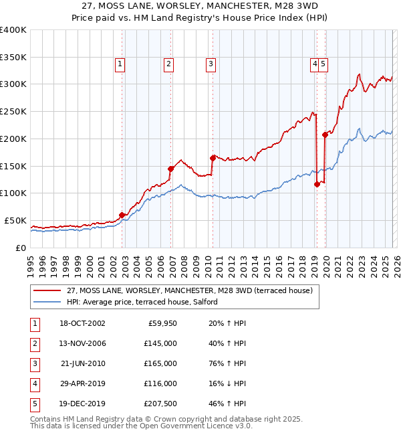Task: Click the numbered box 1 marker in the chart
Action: tap(119, 64)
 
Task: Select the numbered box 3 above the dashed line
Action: tap(211, 64)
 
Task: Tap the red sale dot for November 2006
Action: tap(170, 169)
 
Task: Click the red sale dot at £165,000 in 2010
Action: tap(213, 158)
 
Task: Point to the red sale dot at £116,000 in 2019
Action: tap(317, 185)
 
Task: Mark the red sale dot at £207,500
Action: tap(325, 135)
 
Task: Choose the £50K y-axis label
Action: tap(16, 220)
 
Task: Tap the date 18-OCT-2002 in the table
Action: tap(82, 323)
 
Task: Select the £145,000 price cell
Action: tap(160, 343)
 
